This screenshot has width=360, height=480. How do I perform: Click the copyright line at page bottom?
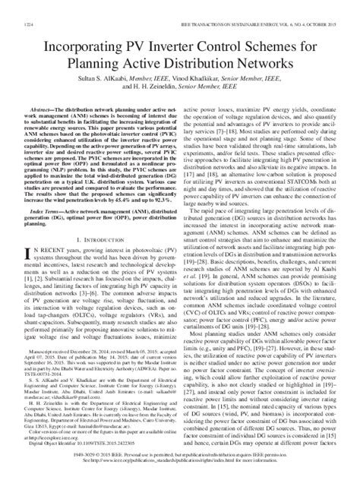[x=180, y=464]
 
